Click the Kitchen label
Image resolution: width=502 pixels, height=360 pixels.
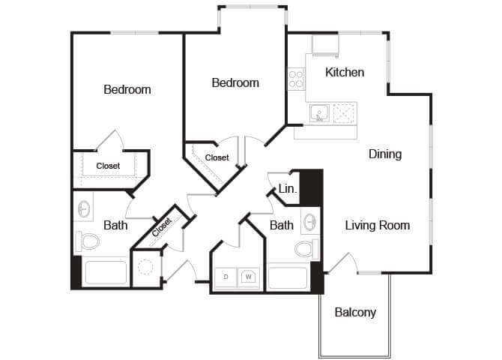coord(345,73)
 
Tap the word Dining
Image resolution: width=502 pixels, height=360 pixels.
coord(385,154)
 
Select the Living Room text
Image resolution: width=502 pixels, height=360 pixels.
coord(377,225)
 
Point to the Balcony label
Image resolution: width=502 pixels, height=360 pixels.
coord(355,312)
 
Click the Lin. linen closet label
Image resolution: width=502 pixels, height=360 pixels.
coord(287,190)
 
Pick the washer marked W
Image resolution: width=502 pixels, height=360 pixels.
coord(249,277)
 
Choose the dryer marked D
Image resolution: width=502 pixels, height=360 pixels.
coord(226,277)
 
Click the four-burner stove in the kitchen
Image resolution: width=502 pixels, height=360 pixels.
coord(296,79)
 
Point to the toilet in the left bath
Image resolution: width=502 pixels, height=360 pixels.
coord(88,241)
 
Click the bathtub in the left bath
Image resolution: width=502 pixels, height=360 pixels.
coord(105,272)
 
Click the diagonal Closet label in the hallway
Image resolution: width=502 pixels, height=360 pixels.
coord(162,226)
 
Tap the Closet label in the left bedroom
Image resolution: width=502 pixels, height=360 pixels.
coord(108,166)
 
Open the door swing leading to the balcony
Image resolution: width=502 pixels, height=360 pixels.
coord(341,264)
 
